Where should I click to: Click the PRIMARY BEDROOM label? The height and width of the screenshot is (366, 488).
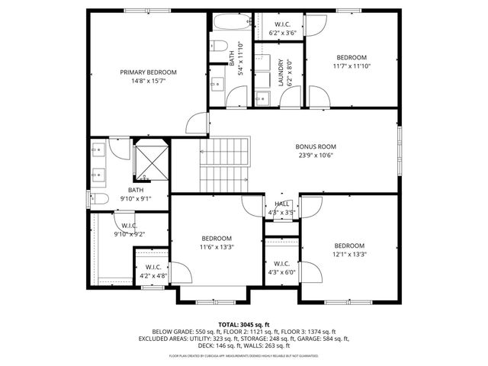pos(143,72)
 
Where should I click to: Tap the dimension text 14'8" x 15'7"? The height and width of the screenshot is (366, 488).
pos(143,81)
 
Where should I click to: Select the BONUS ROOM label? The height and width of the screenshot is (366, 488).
pos(316,146)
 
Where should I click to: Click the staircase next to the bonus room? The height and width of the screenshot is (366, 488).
pos(225,164)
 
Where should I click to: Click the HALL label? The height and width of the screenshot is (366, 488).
pos(281,204)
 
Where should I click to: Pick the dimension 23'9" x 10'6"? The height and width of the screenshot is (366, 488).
pos(316,155)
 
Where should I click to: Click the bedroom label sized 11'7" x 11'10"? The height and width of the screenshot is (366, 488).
pos(352,57)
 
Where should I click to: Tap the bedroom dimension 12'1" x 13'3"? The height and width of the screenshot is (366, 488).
pos(350,254)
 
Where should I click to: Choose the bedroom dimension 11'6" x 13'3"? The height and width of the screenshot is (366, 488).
pos(217,246)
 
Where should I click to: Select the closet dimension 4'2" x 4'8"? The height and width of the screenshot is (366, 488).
pos(152,276)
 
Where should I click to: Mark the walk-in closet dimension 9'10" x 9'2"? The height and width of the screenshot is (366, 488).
pos(129,234)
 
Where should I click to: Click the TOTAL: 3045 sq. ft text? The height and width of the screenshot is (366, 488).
pos(244,325)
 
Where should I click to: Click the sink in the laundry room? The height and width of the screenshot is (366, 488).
pos(262,97)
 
